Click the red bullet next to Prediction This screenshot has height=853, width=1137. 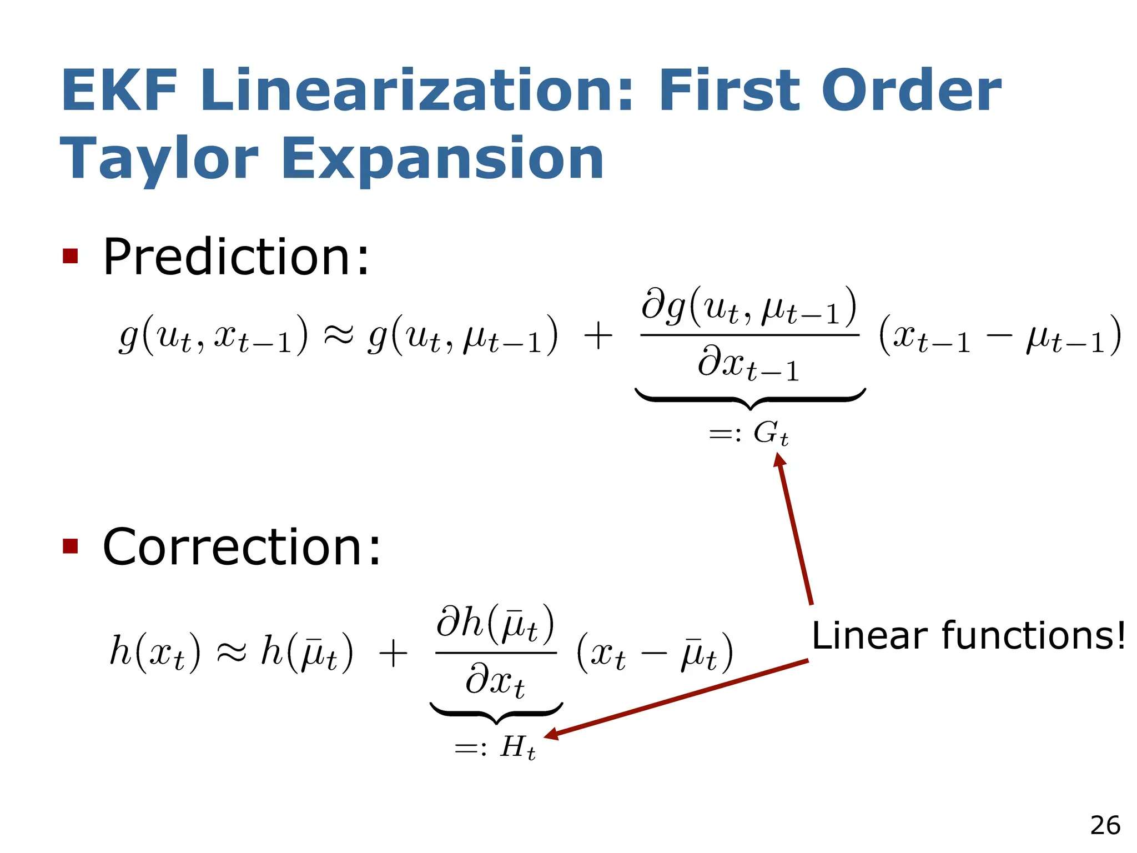71,257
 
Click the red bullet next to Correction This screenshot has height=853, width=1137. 71,546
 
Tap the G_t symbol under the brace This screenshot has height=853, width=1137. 770,433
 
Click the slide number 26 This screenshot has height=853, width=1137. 1105,825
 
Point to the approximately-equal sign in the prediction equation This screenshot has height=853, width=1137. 338,335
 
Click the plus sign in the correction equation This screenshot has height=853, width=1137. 393,653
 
